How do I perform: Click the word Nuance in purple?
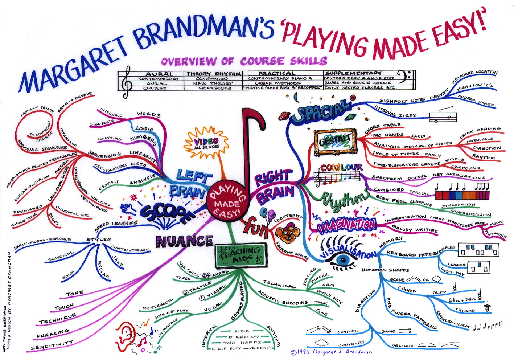pos(184,241)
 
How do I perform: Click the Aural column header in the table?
pos(159,74)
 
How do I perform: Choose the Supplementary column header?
pos(353,73)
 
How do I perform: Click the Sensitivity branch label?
pos(52,345)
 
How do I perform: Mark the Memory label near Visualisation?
pos(391,242)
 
